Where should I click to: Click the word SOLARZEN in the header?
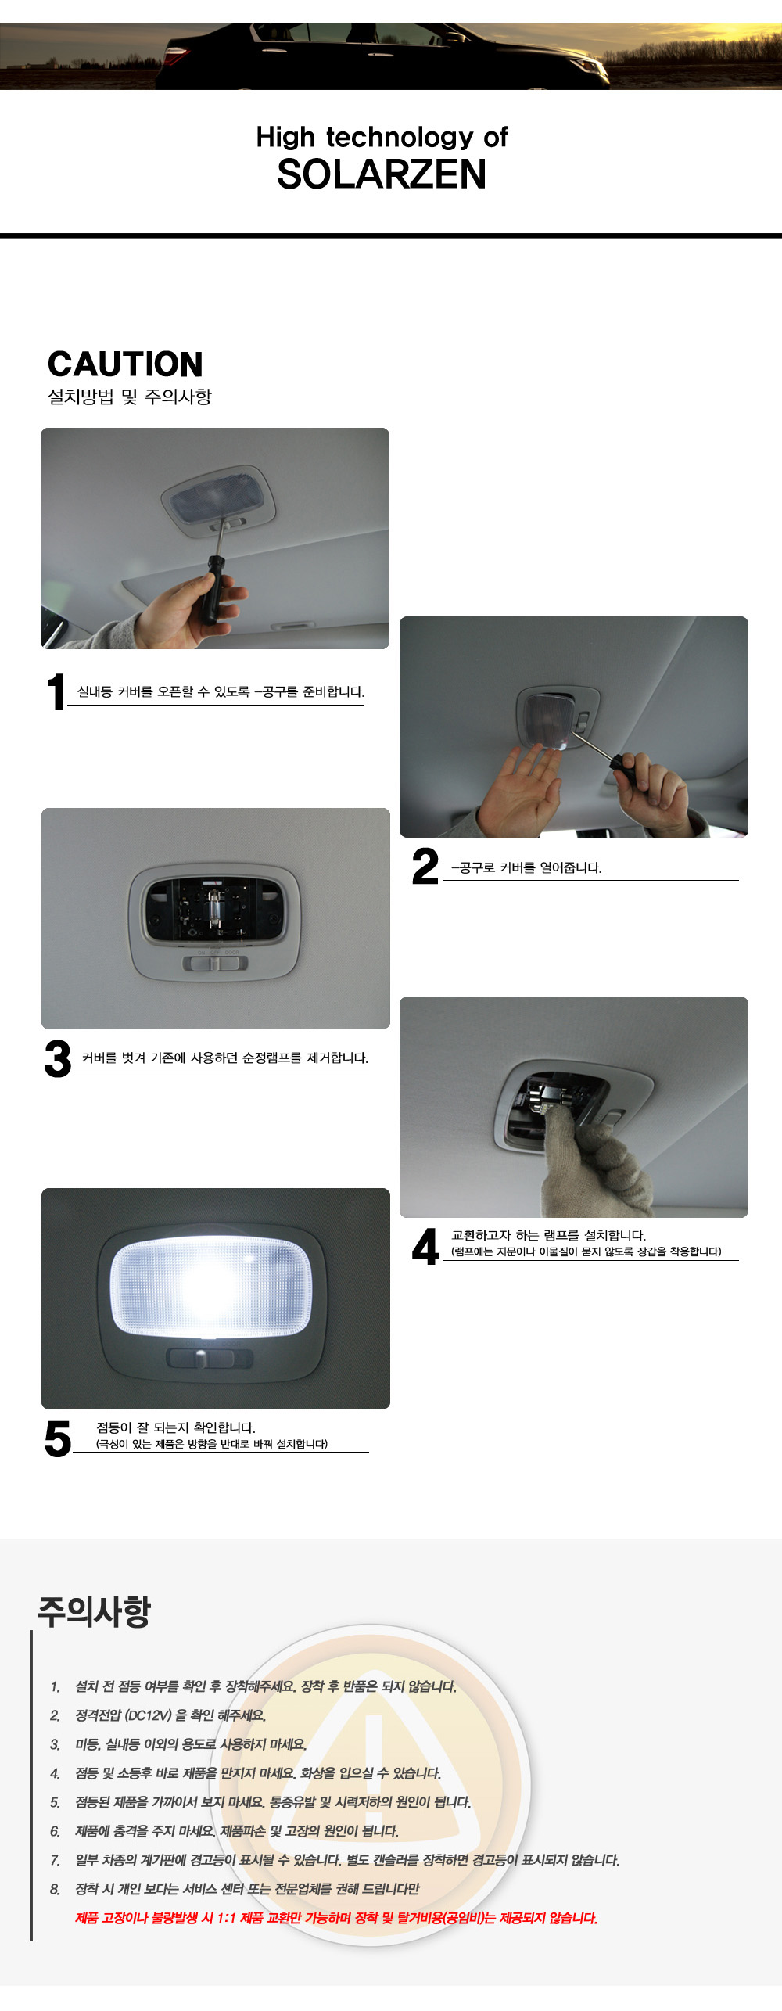click(382, 174)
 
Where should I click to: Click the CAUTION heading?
click(125, 364)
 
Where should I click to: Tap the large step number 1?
click(55, 692)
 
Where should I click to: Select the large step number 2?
click(425, 867)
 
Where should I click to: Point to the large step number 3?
click(58, 1059)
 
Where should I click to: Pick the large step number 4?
click(425, 1246)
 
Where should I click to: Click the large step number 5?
click(58, 1439)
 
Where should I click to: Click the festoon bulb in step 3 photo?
click(212, 908)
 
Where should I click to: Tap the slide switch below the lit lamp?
click(210, 1358)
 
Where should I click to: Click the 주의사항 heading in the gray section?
click(94, 1611)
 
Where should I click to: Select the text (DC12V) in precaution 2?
click(148, 1715)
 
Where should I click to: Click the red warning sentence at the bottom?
click(336, 1918)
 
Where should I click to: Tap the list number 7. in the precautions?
click(55, 1860)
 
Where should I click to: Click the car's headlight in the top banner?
click(588, 67)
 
